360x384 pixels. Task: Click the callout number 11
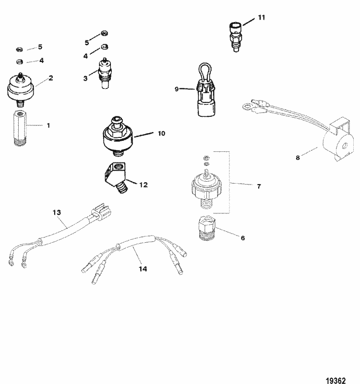click(x=261, y=18)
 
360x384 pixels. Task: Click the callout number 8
click(x=298, y=158)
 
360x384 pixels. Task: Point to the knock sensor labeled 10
click(x=119, y=136)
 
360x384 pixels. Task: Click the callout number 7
click(x=259, y=186)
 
